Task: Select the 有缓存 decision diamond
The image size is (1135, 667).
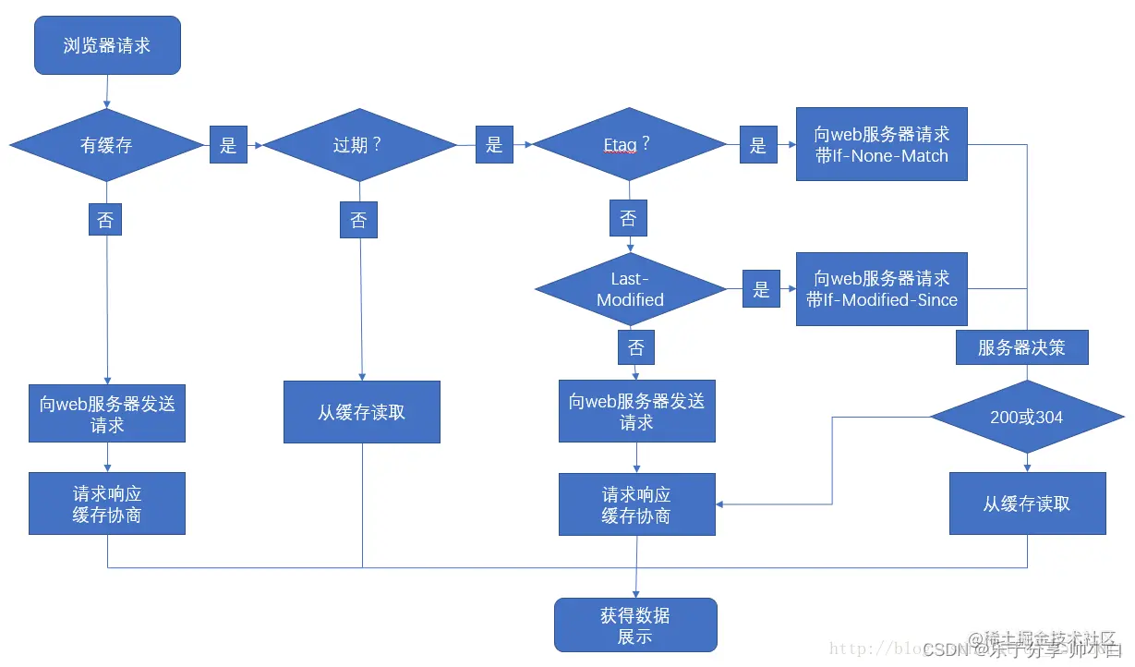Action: [107, 145]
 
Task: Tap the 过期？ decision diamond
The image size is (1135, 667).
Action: [358, 145]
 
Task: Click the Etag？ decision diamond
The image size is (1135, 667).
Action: [629, 144]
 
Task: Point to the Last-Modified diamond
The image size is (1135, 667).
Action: [630, 289]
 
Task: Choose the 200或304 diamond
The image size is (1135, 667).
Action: [1026, 417]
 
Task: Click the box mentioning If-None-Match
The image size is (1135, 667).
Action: [881, 144]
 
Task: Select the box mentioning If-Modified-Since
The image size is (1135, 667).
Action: [881, 288]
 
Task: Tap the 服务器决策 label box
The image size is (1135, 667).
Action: [1021, 347]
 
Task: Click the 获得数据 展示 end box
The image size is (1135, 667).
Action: [635, 625]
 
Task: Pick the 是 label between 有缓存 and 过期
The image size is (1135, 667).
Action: [228, 145]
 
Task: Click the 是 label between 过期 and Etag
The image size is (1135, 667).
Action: [494, 144]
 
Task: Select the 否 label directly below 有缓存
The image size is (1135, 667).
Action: [105, 219]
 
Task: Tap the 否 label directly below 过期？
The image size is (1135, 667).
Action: [358, 220]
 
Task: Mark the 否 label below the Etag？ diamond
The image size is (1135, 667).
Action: [628, 219]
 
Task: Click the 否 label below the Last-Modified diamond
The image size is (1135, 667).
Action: [636, 348]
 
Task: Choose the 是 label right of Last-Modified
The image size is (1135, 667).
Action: [760, 289]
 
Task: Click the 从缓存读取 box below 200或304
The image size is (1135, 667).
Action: [1027, 503]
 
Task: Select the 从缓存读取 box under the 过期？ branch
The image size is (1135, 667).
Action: [361, 412]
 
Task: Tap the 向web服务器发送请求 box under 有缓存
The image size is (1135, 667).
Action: [107, 414]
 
